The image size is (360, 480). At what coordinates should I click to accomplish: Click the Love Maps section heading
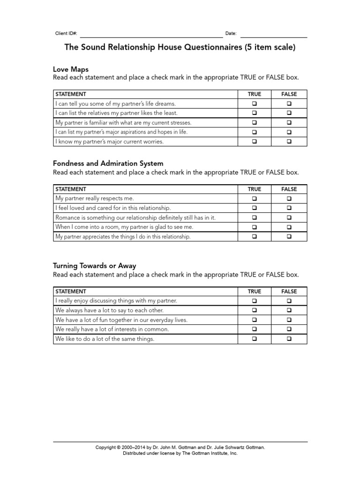(x=71, y=69)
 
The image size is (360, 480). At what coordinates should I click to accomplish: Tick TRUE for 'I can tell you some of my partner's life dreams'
(x=255, y=104)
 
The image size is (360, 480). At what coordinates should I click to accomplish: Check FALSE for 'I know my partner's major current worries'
(x=289, y=142)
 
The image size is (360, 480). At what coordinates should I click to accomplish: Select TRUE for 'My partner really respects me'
(x=255, y=199)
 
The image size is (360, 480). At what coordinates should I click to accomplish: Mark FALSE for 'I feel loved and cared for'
(x=289, y=208)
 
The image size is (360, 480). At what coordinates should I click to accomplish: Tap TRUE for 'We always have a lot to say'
(x=255, y=310)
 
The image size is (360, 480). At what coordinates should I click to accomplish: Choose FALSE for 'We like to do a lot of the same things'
(x=289, y=339)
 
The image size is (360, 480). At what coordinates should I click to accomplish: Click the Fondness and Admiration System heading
(x=108, y=164)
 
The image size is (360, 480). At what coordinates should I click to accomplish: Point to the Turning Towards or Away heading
(x=95, y=266)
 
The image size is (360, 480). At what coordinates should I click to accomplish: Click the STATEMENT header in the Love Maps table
(x=71, y=94)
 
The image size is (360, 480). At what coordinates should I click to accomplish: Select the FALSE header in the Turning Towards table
(x=289, y=292)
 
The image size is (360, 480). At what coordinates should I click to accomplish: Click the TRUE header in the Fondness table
(x=255, y=189)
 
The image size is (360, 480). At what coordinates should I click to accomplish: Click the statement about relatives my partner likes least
(x=117, y=113)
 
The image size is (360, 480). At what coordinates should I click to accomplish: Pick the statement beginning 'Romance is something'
(x=135, y=217)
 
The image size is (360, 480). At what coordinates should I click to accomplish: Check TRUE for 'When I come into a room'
(x=255, y=227)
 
